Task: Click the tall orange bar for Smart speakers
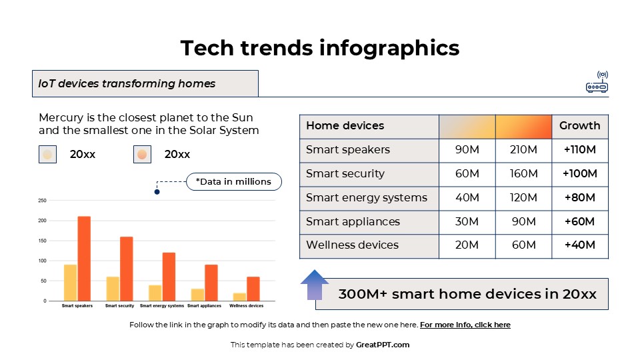(84, 259)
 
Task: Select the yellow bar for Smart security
(113, 289)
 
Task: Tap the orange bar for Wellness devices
(253, 289)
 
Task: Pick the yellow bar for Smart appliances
(197, 295)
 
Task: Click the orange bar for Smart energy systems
(169, 277)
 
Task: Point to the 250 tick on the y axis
(42, 200)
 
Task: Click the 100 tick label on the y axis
(42, 261)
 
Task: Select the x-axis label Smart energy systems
(162, 306)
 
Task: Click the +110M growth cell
(579, 150)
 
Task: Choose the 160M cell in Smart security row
(523, 174)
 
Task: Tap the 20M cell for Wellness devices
(467, 245)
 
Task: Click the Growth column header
(579, 126)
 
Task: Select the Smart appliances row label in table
(353, 221)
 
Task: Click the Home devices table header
(345, 126)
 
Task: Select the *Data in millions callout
(233, 181)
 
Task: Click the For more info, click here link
(465, 325)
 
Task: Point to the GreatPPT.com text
(383, 345)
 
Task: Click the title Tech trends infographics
(320, 48)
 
